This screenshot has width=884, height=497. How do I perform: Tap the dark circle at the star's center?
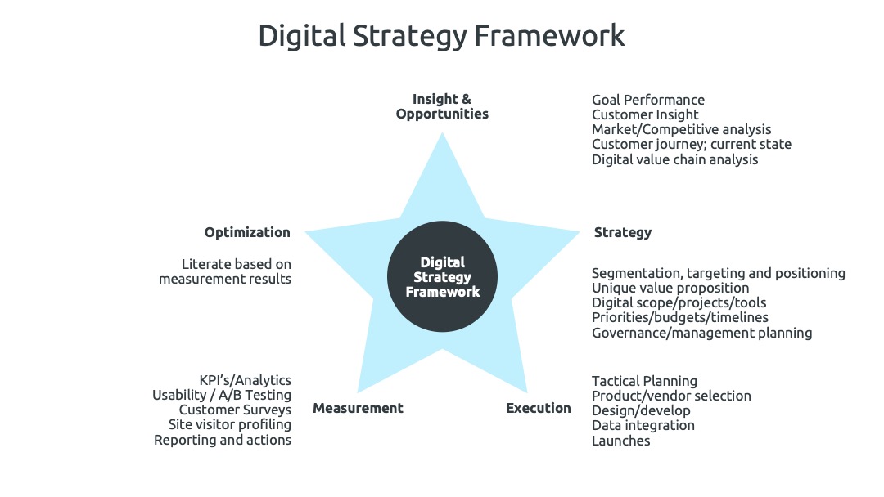442,276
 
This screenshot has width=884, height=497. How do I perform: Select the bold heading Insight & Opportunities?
442,106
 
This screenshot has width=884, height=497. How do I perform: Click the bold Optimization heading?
247,232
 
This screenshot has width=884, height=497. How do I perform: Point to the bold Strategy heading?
622,232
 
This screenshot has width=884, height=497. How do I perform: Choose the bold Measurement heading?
358,408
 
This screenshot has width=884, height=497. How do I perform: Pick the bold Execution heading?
539,408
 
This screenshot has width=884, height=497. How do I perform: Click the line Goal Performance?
647,100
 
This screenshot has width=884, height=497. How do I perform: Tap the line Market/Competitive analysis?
681,129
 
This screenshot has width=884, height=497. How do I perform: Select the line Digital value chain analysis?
674,159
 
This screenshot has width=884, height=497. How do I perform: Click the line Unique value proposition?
670,289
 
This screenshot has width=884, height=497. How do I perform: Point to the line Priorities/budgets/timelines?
680,317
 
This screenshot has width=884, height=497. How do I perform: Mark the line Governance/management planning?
702,333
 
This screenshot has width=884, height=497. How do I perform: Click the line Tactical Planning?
644,381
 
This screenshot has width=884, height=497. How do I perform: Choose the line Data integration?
643,426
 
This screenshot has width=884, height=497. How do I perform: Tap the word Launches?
620,441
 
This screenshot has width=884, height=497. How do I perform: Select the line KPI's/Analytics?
246,380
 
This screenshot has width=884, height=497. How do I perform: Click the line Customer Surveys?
235,410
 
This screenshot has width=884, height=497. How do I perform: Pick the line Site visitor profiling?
230,425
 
